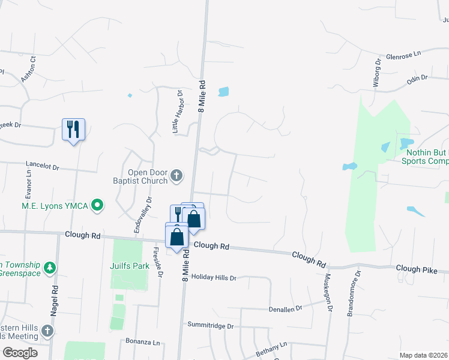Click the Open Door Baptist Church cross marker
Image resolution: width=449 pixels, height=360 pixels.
point(176,175)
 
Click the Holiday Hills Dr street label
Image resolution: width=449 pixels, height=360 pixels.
point(214,278)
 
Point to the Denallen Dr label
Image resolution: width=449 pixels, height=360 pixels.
point(284,307)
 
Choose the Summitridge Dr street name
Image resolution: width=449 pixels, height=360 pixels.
point(209,326)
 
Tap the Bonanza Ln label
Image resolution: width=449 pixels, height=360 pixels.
point(143,341)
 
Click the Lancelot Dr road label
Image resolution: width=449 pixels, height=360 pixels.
point(44,164)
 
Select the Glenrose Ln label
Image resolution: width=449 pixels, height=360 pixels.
point(405,55)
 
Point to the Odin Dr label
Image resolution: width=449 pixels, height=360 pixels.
point(417,78)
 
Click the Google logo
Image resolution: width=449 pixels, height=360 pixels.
point(20,353)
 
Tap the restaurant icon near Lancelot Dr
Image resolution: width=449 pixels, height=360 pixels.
point(73,128)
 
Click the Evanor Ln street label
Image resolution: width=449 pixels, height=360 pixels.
point(28,183)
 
